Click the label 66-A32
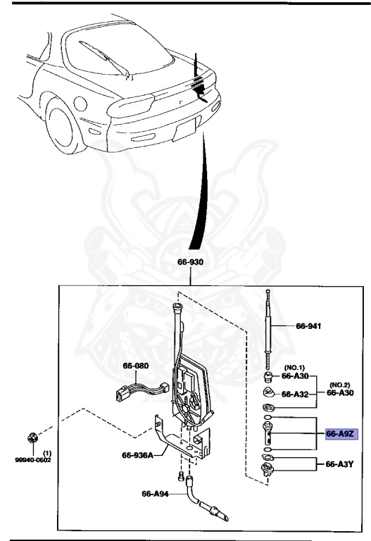[x=296, y=394]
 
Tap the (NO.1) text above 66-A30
[x=294, y=368]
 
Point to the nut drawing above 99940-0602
[x=32, y=438]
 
